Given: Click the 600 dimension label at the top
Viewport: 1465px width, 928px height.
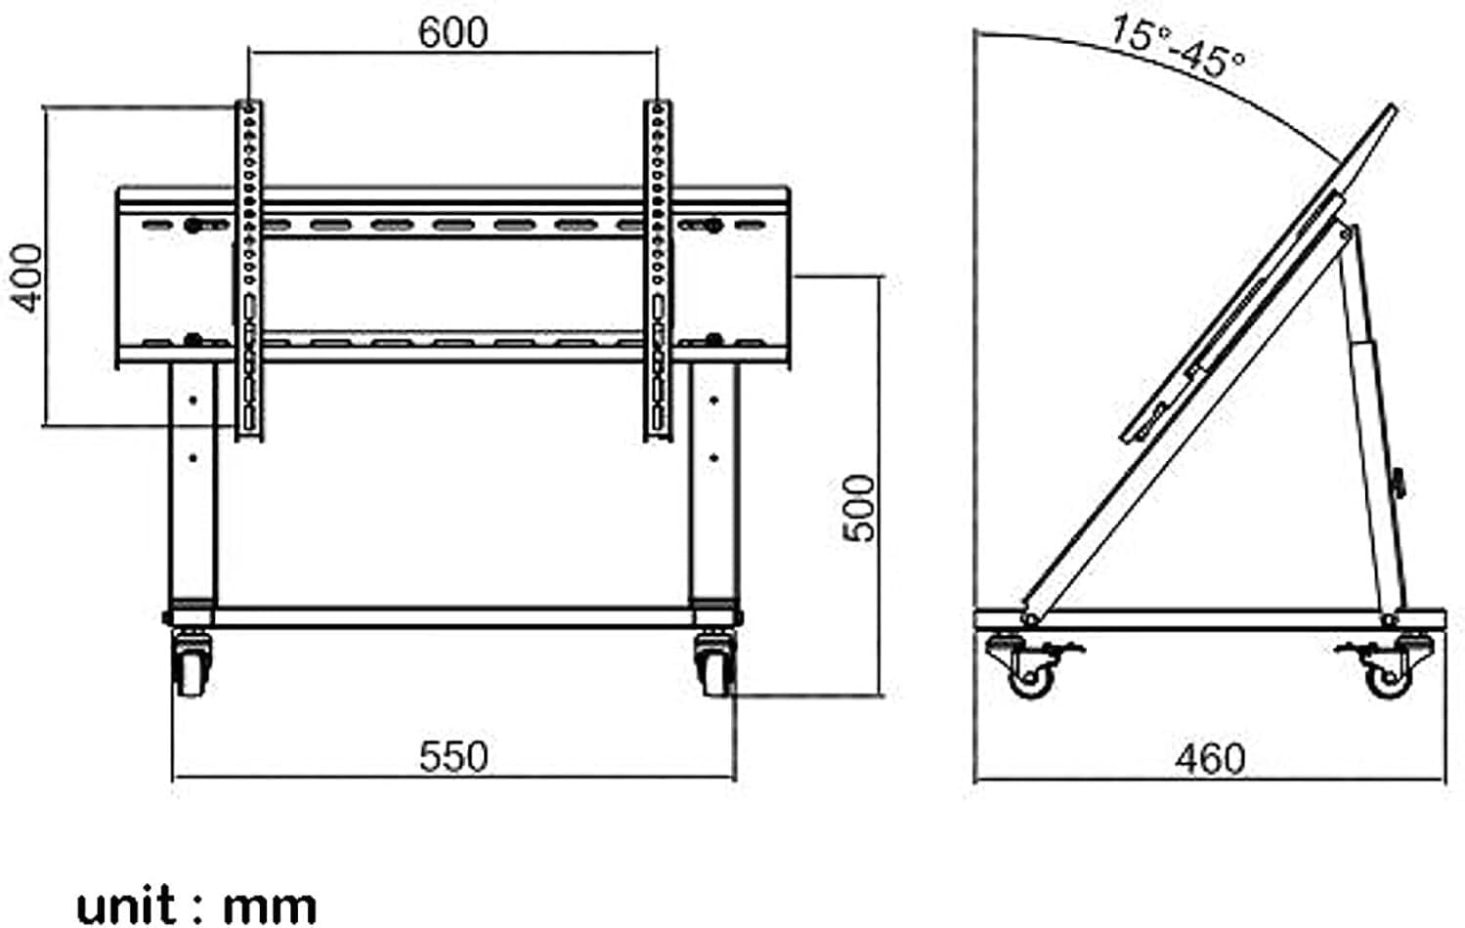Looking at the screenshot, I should (452, 33).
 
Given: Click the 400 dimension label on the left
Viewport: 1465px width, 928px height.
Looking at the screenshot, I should (28, 278).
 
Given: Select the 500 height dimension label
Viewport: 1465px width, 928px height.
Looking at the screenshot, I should (859, 507).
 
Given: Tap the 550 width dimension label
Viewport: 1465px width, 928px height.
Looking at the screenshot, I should (452, 757).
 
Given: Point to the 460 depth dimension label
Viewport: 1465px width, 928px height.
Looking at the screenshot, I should (1210, 759).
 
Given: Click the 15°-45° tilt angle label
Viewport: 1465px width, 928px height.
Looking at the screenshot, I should (1177, 47).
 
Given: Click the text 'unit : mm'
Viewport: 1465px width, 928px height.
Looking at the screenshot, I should (196, 905).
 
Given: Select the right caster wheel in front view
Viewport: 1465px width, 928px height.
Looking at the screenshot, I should (714, 666).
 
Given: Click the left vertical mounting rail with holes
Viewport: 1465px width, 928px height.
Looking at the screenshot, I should (249, 269).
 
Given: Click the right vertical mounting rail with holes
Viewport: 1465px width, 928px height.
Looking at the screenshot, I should (658, 269).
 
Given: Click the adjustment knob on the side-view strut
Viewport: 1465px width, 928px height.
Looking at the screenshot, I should (1399, 482).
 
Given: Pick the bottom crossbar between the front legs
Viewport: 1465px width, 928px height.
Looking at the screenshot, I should (452, 617).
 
